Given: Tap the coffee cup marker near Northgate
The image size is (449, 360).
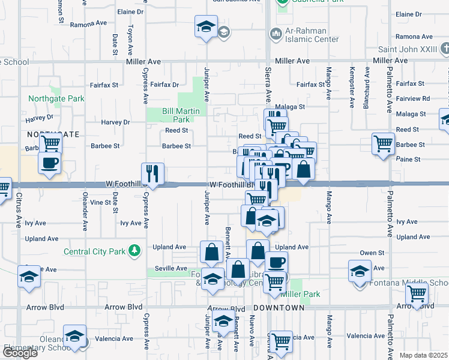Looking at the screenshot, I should pyautogui.click(x=49, y=162).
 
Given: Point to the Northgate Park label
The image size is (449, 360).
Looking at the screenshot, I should pyautogui.click(x=56, y=98).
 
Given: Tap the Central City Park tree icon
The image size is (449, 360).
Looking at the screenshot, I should pyautogui.click(x=136, y=250).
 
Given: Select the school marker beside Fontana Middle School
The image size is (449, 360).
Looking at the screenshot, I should pyautogui.click(x=360, y=271).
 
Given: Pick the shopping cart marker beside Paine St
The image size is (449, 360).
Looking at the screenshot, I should pyautogui.click(x=383, y=144).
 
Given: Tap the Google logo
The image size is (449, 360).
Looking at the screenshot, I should pyautogui.click(x=20, y=353).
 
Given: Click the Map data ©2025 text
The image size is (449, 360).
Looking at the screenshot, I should pyautogui.click(x=424, y=355).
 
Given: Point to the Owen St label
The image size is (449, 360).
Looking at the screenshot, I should pyautogui.click(x=372, y=253).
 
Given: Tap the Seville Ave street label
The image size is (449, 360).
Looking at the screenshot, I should pyautogui.click(x=170, y=268).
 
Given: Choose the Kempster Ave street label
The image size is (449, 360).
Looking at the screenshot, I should pyautogui.click(x=351, y=87).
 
